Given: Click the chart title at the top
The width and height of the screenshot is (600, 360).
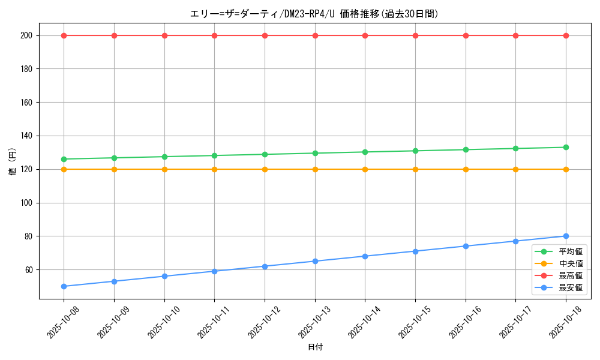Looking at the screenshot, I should coord(314,14).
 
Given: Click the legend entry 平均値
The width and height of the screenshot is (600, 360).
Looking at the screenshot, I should coord(571,251).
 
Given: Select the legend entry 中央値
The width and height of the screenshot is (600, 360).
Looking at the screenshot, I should coord(571,263).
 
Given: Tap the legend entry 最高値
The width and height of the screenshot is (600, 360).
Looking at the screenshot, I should coord(571,275).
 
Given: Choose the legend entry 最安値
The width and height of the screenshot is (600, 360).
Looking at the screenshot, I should coord(571,288).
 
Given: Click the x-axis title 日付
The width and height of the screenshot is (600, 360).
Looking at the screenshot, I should coord(315,347).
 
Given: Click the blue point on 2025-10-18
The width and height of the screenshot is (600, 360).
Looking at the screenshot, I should coord(566,236).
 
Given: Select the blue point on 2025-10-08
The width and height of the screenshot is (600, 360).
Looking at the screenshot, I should coord(64,286).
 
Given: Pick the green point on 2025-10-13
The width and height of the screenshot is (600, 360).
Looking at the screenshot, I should coord(315,153).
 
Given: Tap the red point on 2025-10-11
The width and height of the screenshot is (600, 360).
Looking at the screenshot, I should coord(214,35).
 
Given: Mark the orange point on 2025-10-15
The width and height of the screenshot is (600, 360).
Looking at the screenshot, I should coord(415,169).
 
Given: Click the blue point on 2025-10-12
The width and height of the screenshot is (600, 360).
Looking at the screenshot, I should coord(265,266).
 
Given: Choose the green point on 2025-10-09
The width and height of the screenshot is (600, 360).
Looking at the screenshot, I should coord(114,158).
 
